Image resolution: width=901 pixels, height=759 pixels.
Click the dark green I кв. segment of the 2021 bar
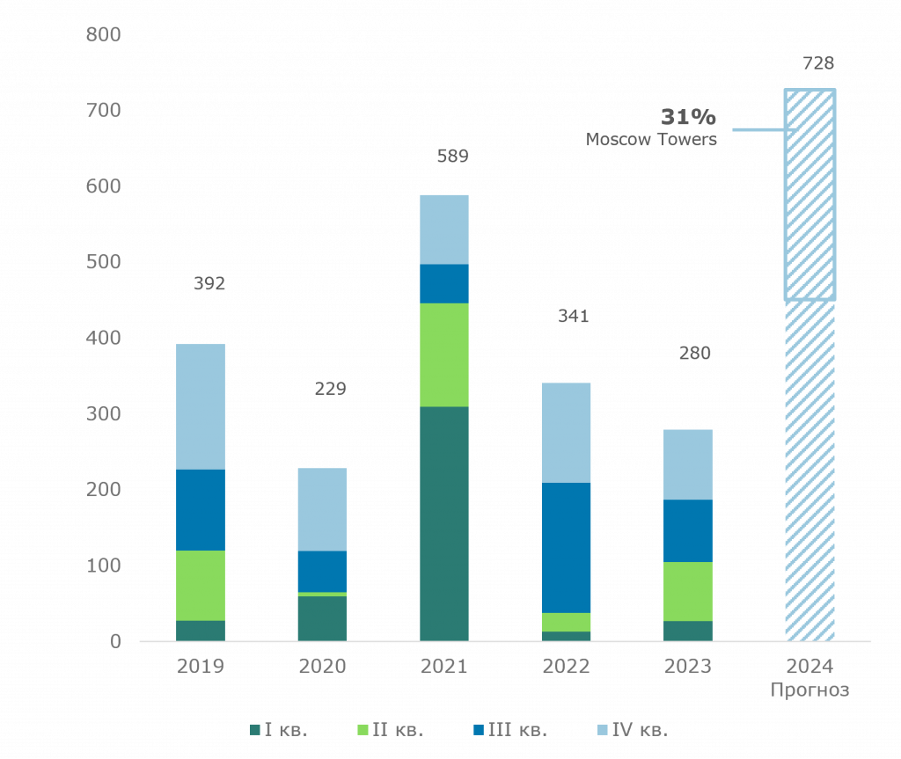[443, 523]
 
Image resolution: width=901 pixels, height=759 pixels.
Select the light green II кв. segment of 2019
[201, 585]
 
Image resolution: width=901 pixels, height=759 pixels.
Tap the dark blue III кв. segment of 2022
[566, 547]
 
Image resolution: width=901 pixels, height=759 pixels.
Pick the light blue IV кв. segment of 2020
[322, 509]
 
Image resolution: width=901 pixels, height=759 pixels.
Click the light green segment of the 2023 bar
[687, 591]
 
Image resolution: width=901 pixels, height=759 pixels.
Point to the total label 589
[453, 157]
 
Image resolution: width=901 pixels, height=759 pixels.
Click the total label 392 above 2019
[209, 284]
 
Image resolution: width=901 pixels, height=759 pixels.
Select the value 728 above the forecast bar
[818, 63]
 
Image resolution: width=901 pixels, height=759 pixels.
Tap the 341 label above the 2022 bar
[574, 317]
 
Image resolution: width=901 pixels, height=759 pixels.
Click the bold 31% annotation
[688, 117]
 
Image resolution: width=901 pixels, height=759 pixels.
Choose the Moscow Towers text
[651, 140]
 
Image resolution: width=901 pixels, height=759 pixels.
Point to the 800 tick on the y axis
[104, 35]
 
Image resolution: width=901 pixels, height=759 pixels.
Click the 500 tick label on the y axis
[104, 262]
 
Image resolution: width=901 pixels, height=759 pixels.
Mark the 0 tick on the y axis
[115, 642]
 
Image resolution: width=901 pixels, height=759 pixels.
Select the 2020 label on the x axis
[322, 667]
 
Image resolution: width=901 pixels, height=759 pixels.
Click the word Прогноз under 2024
[809, 690]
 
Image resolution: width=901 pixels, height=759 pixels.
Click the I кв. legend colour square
[255, 729]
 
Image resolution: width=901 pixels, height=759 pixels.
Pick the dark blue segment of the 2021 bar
[443, 283]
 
